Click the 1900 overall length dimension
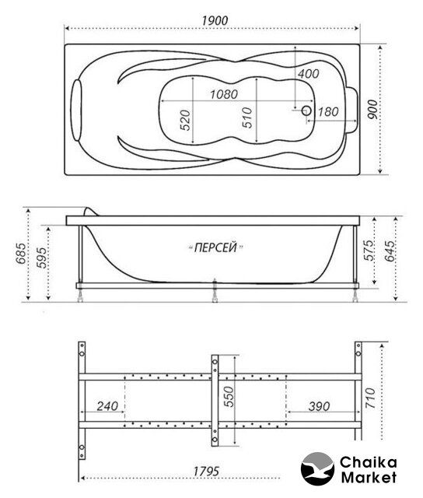(215, 21)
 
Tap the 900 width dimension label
(373, 109)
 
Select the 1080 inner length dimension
(224, 94)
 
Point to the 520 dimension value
(185, 120)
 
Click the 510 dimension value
(247, 117)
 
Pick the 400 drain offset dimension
(308, 74)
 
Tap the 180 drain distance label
(328, 112)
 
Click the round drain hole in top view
(306, 110)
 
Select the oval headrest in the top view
(76, 110)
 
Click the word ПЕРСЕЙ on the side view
(215, 247)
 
